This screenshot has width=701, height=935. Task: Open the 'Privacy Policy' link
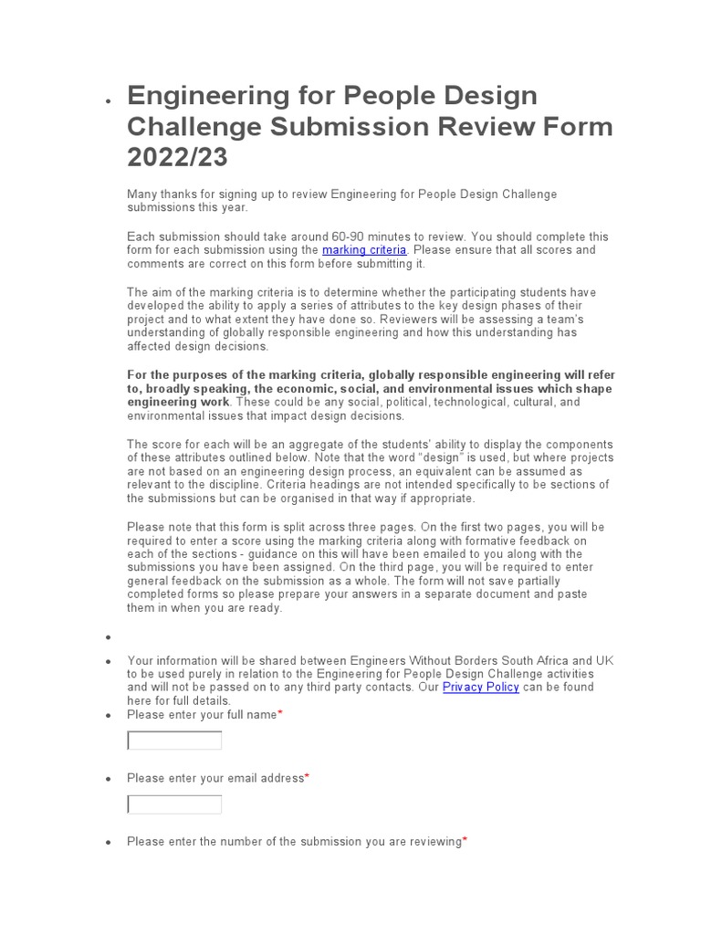(x=480, y=688)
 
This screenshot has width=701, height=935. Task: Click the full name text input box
(x=174, y=741)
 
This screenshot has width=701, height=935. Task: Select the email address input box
(x=174, y=804)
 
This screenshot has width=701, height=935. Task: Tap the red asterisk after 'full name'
(x=280, y=715)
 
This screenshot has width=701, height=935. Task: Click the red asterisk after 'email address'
(x=307, y=778)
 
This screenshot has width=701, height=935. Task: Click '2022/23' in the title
(x=177, y=158)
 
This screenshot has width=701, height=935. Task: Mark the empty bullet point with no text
(x=108, y=637)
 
